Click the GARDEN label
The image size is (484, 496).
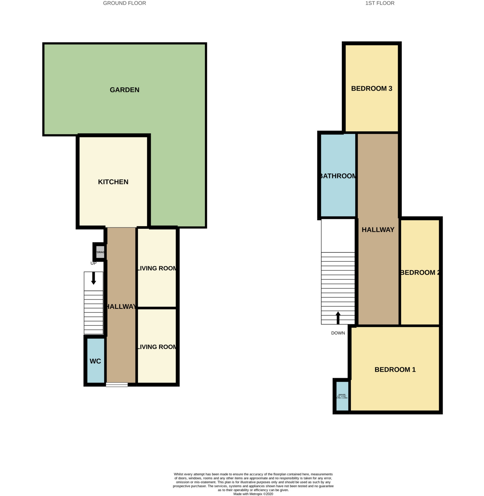click(124, 90)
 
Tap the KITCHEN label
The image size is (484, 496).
click(113, 182)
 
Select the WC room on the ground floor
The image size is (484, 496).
click(95, 361)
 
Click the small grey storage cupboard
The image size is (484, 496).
click(100, 252)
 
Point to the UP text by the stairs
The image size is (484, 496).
click(93, 263)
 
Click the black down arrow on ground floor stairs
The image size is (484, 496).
click(93, 278)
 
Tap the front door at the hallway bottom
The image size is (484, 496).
click(117, 384)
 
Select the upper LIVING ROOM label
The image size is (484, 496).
click(157, 269)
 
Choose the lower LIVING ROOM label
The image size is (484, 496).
click(157, 347)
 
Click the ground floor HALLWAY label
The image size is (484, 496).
click(121, 307)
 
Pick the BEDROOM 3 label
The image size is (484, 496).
click(371, 88)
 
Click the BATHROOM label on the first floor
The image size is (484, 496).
click(338, 176)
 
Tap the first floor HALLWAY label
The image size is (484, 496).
click(378, 229)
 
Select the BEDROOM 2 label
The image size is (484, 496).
click(420, 273)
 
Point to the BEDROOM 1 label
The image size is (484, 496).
click(395, 370)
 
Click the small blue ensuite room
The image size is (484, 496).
click(342, 396)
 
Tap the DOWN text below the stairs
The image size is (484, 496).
click(338, 333)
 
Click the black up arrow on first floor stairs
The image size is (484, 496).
click(338, 318)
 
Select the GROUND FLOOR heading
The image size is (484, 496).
click(124, 3)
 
